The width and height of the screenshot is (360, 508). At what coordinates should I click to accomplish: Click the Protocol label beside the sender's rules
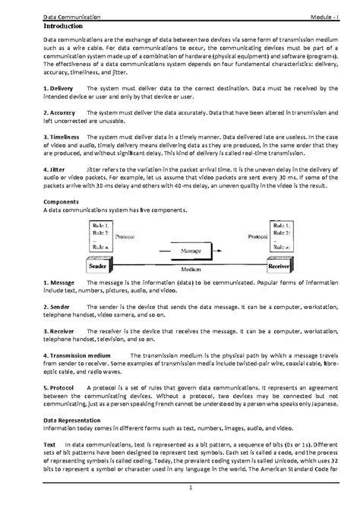click(125, 236)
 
